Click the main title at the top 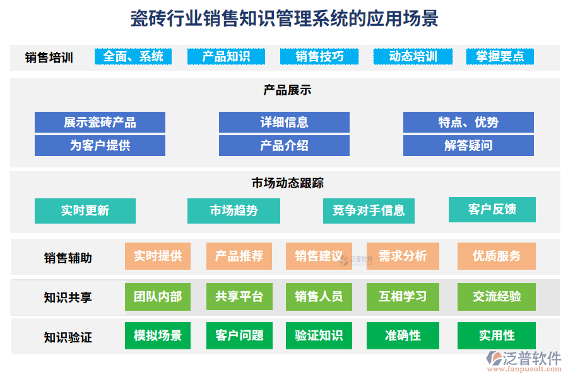click(x=284, y=18)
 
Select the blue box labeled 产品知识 click(x=226, y=56)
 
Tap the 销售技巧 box click(x=319, y=56)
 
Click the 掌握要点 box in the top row click(x=500, y=56)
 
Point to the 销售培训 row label click(x=49, y=57)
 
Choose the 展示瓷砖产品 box click(x=100, y=122)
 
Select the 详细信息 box click(x=284, y=122)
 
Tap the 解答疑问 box click(x=468, y=145)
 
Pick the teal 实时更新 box click(x=85, y=210)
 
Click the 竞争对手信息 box click(x=369, y=210)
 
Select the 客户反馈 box click(x=492, y=209)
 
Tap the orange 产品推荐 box click(x=239, y=256)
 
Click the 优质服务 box click(x=497, y=256)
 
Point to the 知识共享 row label click(x=68, y=297)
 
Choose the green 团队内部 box click(x=158, y=296)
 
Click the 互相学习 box click(x=403, y=296)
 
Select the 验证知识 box click(x=319, y=335)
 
